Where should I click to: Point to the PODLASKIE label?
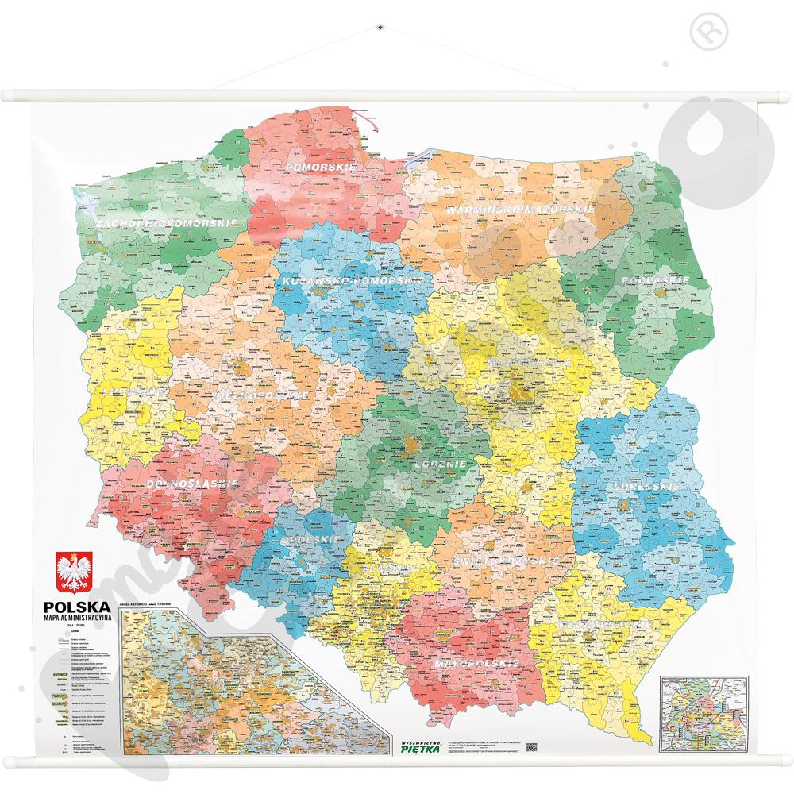(x=655, y=281)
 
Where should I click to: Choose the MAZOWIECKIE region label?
(x=522, y=361)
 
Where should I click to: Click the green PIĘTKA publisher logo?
(x=415, y=744)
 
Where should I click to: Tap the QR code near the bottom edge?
(x=532, y=746)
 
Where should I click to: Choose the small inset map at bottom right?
(x=703, y=715)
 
